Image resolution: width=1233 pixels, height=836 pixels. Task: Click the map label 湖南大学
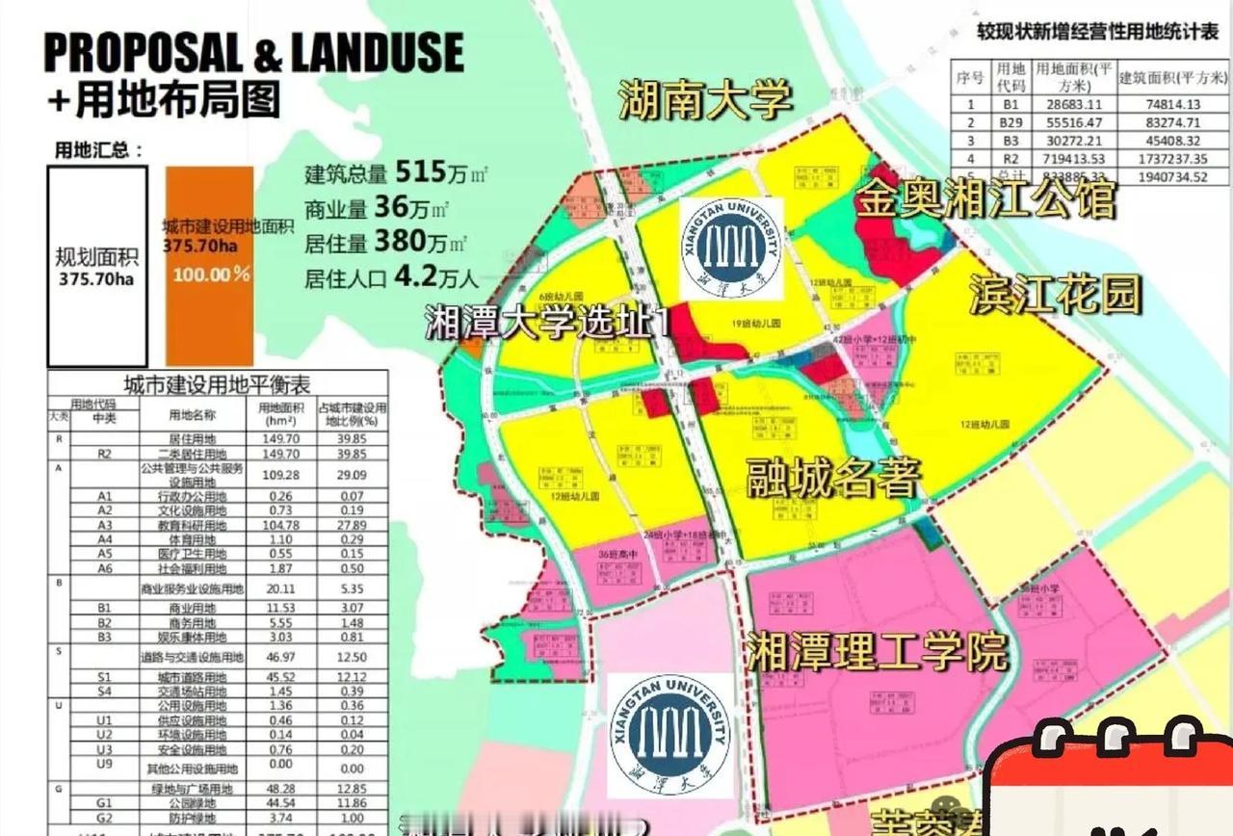(705, 99)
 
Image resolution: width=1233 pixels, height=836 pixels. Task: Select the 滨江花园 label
(1054, 295)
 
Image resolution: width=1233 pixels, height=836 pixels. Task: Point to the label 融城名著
(834, 478)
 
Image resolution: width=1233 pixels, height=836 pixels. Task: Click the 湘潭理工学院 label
(877, 652)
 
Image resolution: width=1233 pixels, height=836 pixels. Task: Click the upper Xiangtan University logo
(731, 248)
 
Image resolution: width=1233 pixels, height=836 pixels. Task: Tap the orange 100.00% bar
(210, 273)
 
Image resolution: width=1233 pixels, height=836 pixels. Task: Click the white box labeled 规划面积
(97, 267)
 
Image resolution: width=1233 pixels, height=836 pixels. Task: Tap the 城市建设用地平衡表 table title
(218, 384)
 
